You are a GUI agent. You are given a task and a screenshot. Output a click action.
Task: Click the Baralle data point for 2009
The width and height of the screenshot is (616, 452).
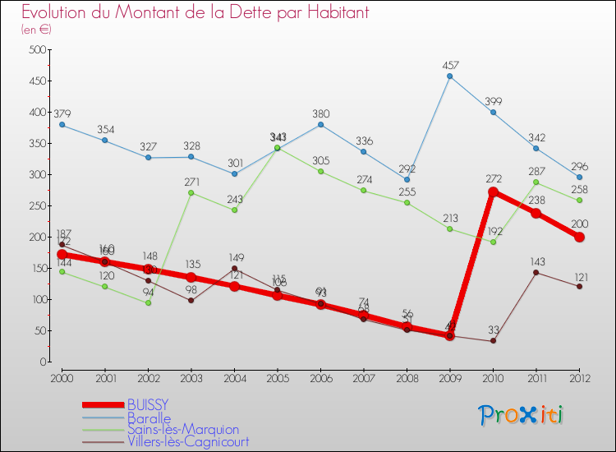[x=449, y=76]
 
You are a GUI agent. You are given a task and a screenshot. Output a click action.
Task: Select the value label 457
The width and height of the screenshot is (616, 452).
[x=449, y=64]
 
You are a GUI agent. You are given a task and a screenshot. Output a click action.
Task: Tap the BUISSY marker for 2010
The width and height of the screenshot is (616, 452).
[x=493, y=191]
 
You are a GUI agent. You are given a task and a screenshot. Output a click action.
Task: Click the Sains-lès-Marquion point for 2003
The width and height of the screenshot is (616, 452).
[x=191, y=193]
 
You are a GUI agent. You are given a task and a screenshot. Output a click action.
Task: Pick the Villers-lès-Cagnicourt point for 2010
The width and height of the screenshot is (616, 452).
[x=493, y=340]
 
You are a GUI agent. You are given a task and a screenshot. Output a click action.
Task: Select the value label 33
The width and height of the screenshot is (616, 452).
[x=493, y=330]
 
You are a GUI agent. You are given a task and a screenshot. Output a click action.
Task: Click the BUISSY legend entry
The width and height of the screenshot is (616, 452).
[x=148, y=405]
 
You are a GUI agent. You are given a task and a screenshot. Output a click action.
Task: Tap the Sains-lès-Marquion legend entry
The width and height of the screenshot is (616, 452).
[x=182, y=429]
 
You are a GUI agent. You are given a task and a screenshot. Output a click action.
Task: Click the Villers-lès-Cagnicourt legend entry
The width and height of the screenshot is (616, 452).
[x=188, y=441]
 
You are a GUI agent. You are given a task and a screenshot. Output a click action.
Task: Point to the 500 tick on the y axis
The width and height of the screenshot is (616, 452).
[x=36, y=50]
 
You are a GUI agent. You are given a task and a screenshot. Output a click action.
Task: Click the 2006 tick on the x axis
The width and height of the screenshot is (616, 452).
[x=320, y=377]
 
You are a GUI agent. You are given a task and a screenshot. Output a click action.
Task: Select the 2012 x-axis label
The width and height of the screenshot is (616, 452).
[x=579, y=377]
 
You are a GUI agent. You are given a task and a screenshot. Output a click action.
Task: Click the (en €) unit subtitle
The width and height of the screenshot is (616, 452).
[x=37, y=30]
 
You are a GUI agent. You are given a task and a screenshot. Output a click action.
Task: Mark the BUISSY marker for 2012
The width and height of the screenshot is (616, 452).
[x=579, y=237]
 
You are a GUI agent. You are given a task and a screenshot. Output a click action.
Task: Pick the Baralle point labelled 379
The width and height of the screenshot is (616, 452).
[x=62, y=125]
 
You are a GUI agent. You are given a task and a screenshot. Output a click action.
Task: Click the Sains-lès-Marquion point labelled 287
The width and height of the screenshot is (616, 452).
[x=536, y=182]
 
